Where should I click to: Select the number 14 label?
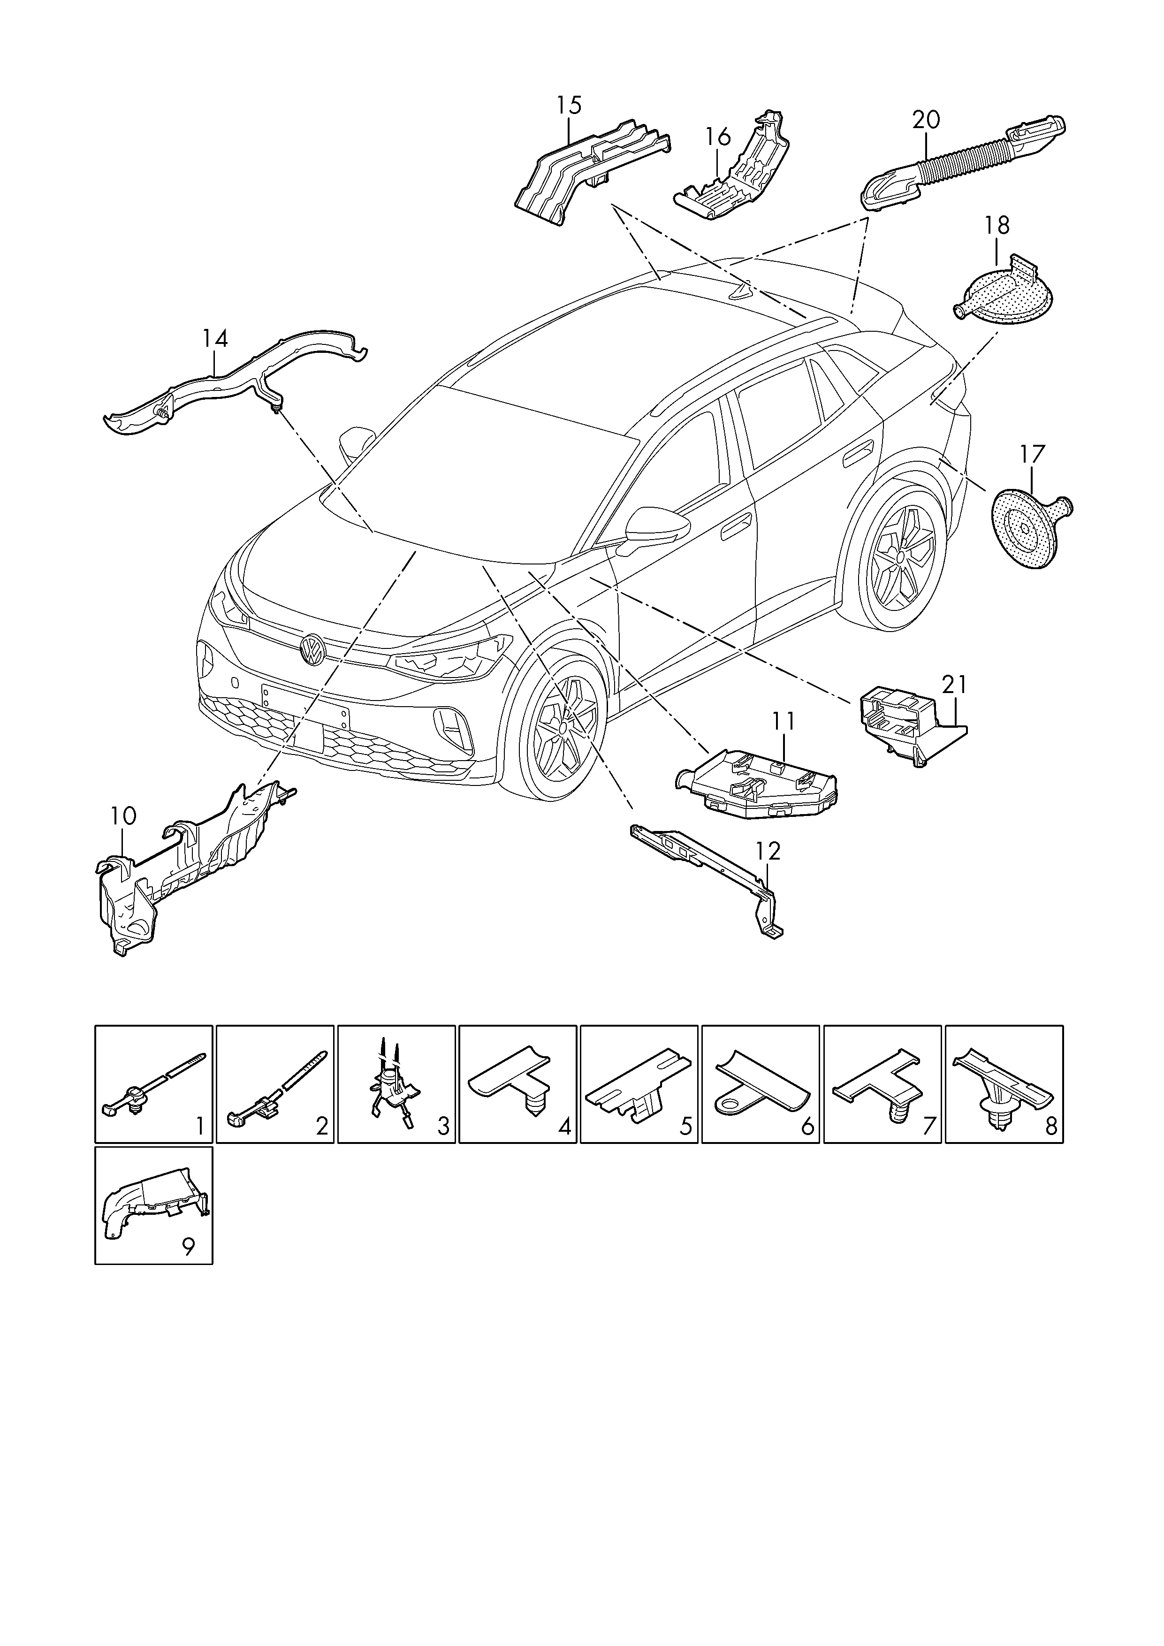tap(214, 338)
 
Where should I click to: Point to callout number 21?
tap(954, 686)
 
